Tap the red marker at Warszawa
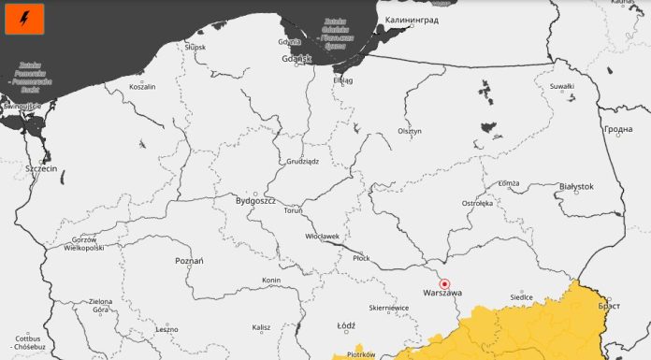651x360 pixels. pos(445,283)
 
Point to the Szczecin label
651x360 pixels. pos(42,168)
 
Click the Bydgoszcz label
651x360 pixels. pos(255,200)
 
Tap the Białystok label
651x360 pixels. pos(575,186)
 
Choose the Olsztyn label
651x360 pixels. pos(410,131)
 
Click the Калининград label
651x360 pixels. pos(411,19)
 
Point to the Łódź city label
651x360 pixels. pos(346,325)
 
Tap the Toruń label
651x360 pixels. pos(293,211)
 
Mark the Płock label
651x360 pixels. pos(361,257)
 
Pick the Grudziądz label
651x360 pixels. pos(302,161)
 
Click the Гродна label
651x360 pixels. pos(618,129)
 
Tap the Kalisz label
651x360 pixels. pos(261,327)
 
